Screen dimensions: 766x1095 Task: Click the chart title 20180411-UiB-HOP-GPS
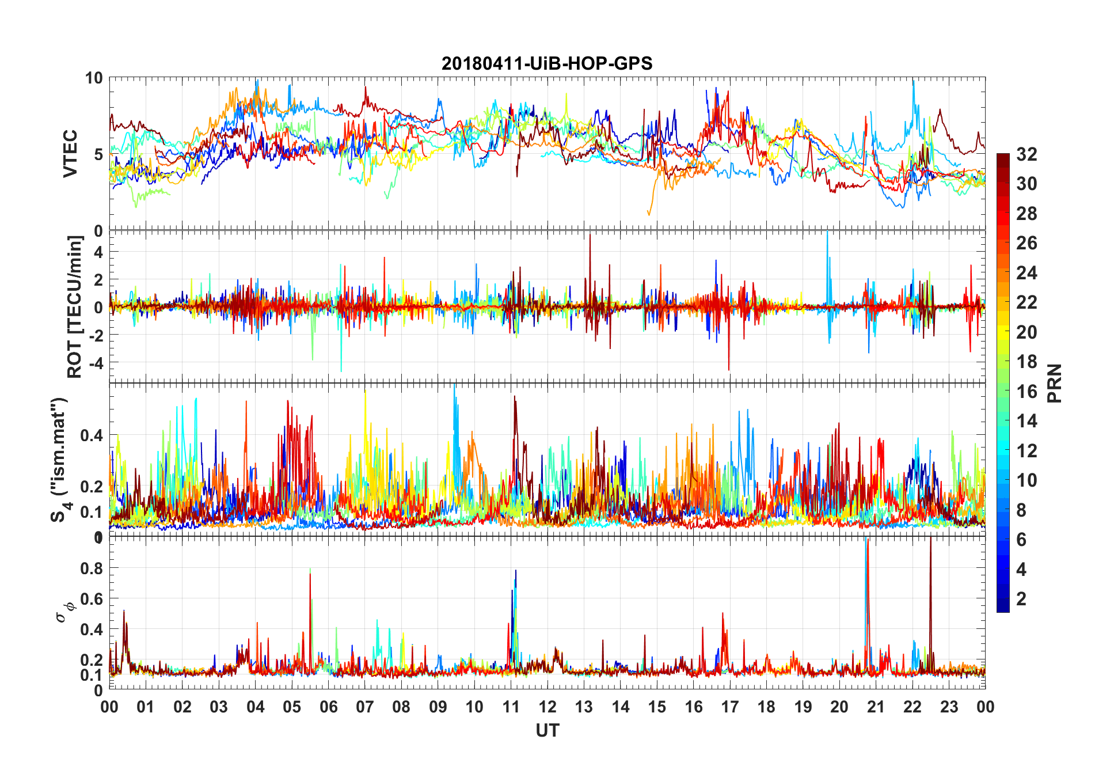tap(547, 63)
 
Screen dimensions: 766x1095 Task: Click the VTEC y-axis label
tap(70, 154)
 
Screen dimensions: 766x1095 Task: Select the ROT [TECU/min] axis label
tap(75, 306)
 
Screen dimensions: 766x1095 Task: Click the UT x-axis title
tap(547, 730)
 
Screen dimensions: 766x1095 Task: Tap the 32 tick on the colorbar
tap(1026, 154)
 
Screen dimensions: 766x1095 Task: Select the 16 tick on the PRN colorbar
tap(1026, 392)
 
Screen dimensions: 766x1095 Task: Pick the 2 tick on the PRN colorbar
tap(1021, 599)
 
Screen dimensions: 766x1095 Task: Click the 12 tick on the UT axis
tap(547, 707)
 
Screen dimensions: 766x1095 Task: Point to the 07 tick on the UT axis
tap(365, 707)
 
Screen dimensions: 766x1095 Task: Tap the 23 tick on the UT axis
tap(949, 707)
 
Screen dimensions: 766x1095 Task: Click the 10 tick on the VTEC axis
tap(94, 78)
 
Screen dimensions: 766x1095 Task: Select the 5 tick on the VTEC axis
tap(98, 154)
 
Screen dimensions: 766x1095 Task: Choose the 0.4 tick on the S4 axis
tap(92, 435)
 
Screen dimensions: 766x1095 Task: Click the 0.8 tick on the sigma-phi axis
tap(92, 568)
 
